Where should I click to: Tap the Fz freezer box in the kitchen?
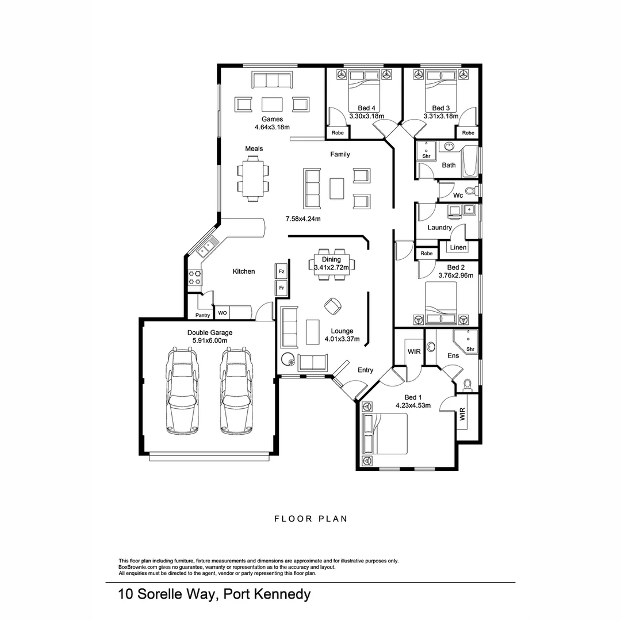pyautogui.click(x=281, y=271)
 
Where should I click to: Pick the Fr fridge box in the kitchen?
pyautogui.click(x=281, y=287)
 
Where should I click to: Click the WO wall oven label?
pyautogui.click(x=222, y=313)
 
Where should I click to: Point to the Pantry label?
pyautogui.click(x=202, y=315)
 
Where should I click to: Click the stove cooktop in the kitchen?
pyautogui.click(x=195, y=278)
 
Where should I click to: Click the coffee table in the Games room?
pyautogui.click(x=272, y=104)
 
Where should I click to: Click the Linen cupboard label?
pyautogui.click(x=458, y=248)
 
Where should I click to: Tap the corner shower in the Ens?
pyautogui.click(x=466, y=342)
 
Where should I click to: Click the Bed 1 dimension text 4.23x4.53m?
pyautogui.click(x=413, y=405)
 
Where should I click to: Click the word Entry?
pyautogui.click(x=365, y=370)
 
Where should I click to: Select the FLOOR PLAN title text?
pyautogui.click(x=310, y=519)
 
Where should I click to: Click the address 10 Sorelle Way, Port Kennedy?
pyautogui.click(x=214, y=594)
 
